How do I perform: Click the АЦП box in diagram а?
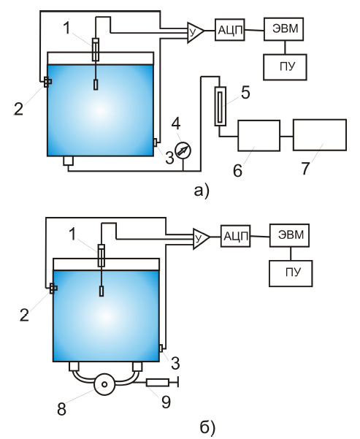point(230,30)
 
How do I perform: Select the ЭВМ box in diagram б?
point(290,235)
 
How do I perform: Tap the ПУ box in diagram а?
point(285,67)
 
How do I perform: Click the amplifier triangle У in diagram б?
point(200,238)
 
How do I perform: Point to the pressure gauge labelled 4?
point(183,150)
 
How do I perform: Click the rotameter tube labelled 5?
point(221,106)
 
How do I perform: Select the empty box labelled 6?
point(259,136)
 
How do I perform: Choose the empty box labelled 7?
point(320,134)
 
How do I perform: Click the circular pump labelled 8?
point(104,384)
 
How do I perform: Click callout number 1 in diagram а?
point(66,28)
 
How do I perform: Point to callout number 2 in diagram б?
point(24,315)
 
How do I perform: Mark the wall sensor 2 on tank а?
point(47,83)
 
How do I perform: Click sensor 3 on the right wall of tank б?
point(161,348)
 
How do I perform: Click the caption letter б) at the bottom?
point(207,427)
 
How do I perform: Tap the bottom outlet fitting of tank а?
point(69,161)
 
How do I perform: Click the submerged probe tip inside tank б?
point(102,291)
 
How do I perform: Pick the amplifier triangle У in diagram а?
point(194,32)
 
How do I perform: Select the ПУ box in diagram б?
point(291,273)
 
